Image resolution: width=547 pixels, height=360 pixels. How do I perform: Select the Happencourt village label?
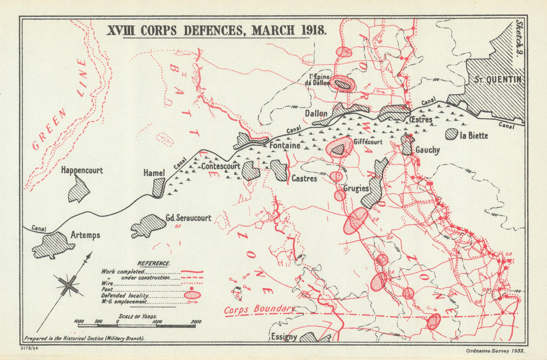click(82, 170)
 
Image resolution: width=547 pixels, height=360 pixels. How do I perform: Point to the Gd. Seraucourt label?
click(188, 218)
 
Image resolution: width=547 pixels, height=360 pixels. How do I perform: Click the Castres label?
click(304, 178)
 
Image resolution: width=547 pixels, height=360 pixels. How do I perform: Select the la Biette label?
click(474, 135)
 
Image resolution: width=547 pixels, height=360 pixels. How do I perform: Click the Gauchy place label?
click(427, 150)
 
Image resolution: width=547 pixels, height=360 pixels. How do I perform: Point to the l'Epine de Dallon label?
click(319, 79)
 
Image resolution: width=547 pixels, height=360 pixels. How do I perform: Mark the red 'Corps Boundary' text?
click(260, 310)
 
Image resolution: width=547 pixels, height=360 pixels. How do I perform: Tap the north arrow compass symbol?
click(68, 284)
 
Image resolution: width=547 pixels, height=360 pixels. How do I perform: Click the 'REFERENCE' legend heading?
click(154, 263)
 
